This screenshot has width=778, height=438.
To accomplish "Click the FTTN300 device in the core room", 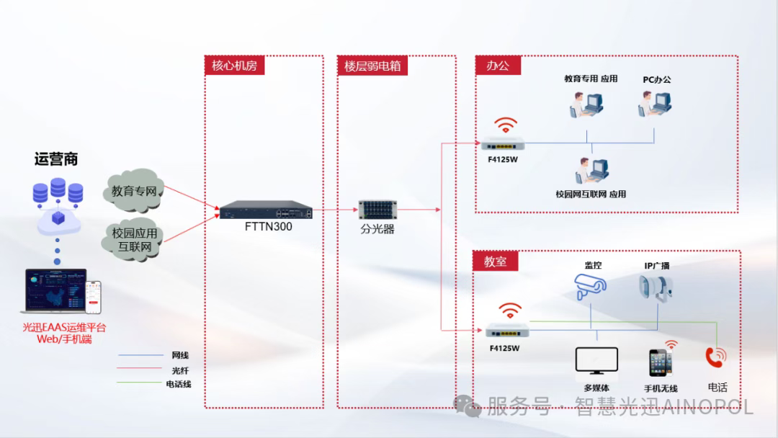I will click(x=267, y=211).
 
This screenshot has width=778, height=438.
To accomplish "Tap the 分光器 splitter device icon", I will click(x=378, y=210).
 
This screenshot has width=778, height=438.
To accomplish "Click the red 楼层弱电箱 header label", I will click(x=372, y=66).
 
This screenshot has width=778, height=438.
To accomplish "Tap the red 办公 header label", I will click(x=498, y=66).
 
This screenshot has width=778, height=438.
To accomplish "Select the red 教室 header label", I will click(x=495, y=261).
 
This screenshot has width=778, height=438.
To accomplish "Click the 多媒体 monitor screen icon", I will click(x=596, y=359).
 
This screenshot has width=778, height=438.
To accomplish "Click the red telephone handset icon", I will click(x=715, y=357).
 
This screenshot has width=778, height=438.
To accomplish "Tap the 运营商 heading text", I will click(x=56, y=159).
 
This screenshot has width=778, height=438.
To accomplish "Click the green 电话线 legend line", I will click(x=140, y=384).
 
